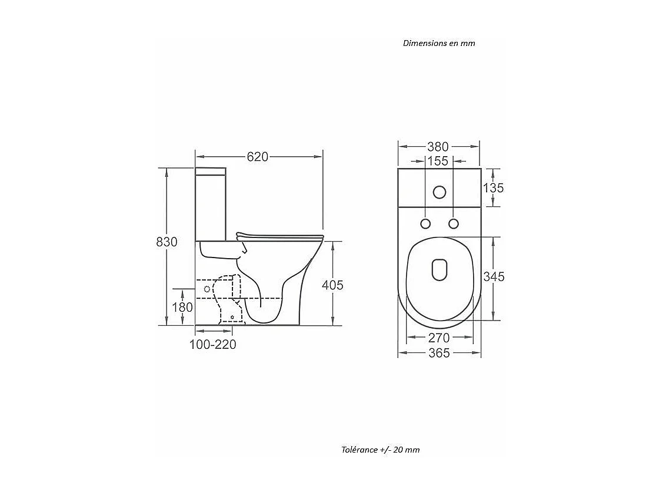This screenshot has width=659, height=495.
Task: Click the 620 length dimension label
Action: click(x=257, y=157)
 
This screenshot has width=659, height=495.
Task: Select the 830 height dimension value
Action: click(x=167, y=242)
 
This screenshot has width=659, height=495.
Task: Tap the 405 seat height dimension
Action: click(x=332, y=285)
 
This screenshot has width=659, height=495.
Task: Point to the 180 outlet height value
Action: click(x=182, y=307)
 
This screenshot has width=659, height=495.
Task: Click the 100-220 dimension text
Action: click(x=212, y=345)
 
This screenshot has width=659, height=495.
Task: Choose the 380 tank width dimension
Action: click(x=438, y=147)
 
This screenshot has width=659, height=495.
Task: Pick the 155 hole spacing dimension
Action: click(x=438, y=161)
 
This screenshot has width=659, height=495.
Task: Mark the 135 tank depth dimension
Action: click(x=493, y=188)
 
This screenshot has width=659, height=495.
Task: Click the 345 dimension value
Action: click(x=494, y=277)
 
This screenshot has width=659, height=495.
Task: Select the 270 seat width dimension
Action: click(x=439, y=338)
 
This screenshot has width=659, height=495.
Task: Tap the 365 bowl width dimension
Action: click(x=439, y=353)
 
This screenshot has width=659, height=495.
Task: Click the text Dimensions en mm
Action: click(x=439, y=43)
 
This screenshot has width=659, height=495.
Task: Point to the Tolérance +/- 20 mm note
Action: click(x=381, y=450)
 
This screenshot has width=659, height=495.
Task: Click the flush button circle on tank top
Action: click(x=439, y=192)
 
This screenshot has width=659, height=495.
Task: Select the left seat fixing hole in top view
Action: click(x=425, y=223)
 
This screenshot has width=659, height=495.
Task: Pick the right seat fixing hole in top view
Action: click(x=453, y=223)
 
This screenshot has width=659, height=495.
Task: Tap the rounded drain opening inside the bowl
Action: click(x=439, y=269)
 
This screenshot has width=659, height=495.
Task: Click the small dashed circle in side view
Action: click(x=207, y=289)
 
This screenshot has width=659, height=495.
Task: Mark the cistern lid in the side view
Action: click(x=210, y=171)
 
